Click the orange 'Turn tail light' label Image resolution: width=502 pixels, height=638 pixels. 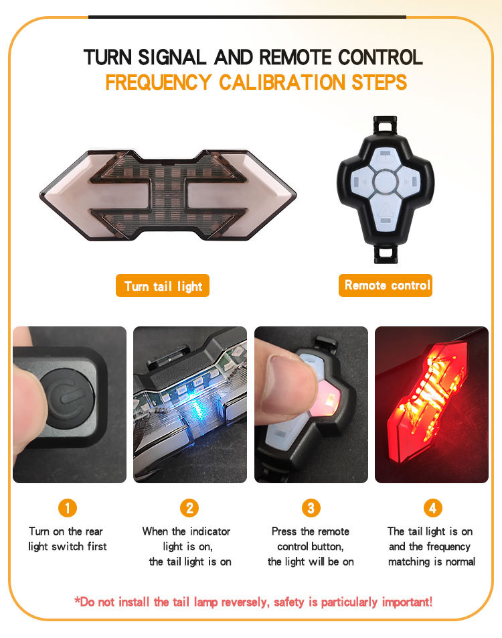coord(163,285)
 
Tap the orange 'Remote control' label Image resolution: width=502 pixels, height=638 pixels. coord(386,285)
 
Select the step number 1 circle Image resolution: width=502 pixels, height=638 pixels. coord(68,508)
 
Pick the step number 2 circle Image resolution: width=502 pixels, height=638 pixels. coord(189,508)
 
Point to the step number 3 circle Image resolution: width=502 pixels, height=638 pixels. coord(311,508)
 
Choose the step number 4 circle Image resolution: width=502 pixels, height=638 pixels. coord(433,508)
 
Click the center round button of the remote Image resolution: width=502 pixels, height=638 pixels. coord(385,182)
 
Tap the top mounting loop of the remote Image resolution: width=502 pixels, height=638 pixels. coord(384,125)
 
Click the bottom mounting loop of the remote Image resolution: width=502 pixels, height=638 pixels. coord(384,253)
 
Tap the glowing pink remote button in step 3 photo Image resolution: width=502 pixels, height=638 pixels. coord(327,398)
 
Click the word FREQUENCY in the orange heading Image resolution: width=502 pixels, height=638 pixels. coord(159,82)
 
